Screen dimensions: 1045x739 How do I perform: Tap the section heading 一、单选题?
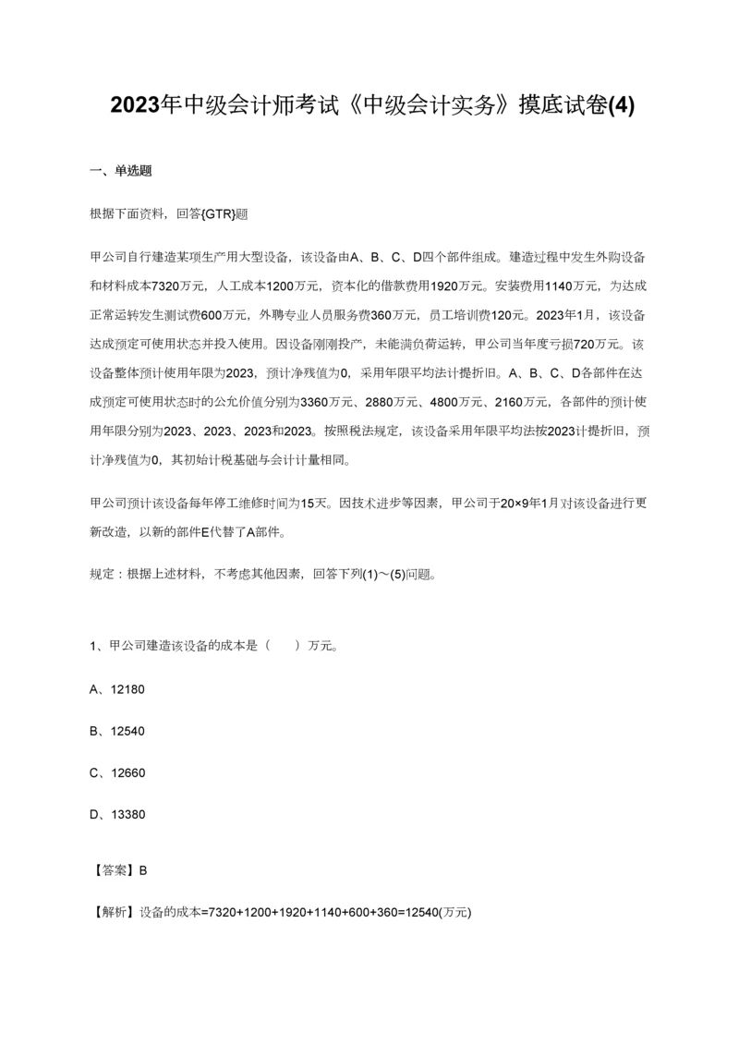(120, 170)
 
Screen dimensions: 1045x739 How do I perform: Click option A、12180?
(117, 689)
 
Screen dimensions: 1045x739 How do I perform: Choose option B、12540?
(117, 731)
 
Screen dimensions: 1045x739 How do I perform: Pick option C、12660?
(117, 772)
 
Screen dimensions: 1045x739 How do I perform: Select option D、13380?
(117, 814)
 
